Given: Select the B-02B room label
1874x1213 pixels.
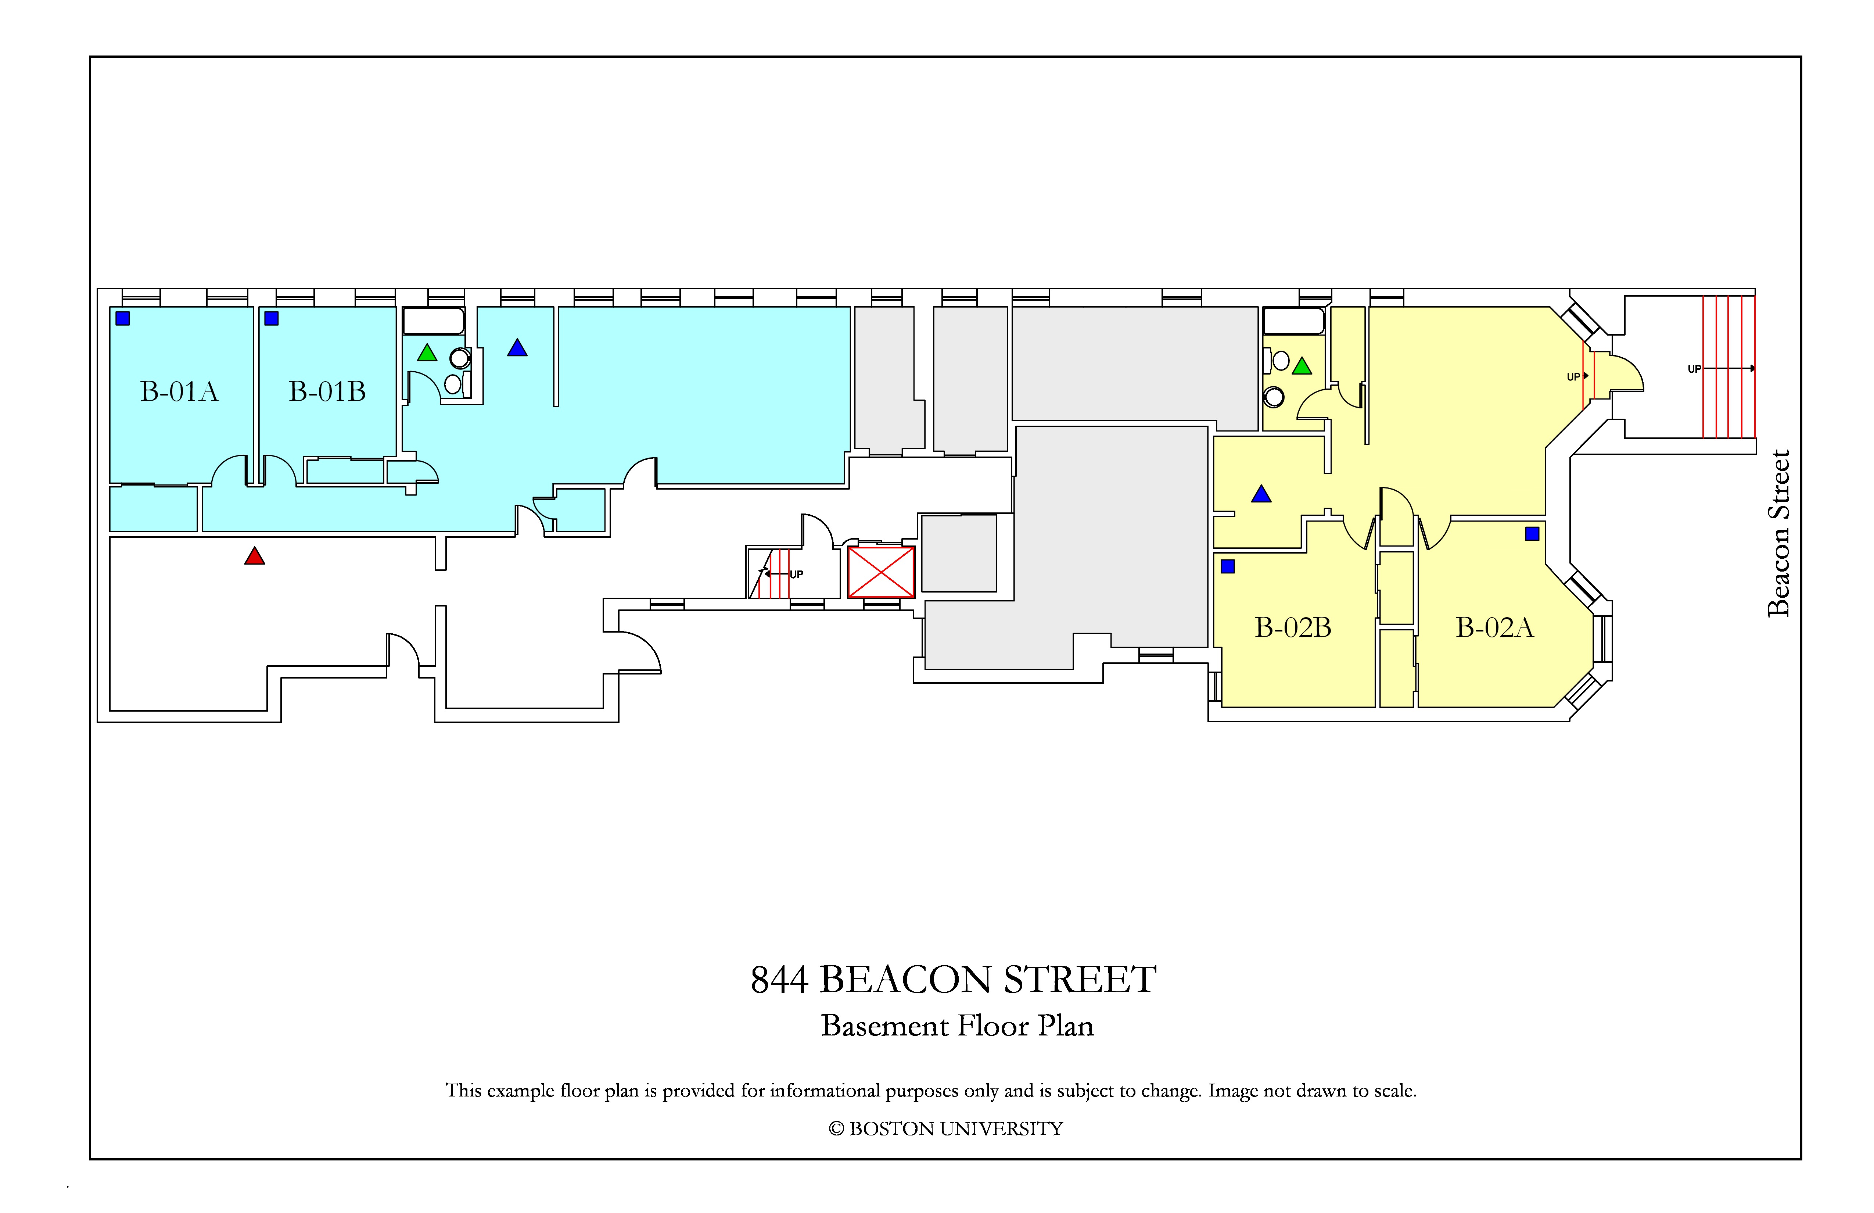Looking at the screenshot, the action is pos(1293,628).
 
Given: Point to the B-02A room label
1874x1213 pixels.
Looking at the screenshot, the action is pos(1494,628).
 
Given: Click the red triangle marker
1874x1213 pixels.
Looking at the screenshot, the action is pos(254,557).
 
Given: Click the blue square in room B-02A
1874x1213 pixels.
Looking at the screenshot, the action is pos(1532,534).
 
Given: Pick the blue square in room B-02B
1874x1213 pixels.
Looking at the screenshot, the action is pos(1228,566).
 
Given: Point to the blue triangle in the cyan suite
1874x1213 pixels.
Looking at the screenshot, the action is pos(517,348).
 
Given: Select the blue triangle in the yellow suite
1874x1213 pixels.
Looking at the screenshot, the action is pos(1261,495).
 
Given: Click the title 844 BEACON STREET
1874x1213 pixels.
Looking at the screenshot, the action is pos(954,980).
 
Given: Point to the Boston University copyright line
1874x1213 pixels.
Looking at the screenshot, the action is pos(946,1129).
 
